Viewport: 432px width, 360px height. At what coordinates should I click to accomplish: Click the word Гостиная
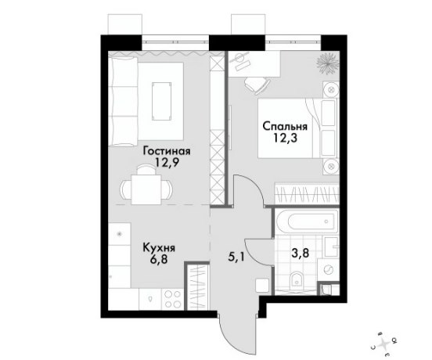167,151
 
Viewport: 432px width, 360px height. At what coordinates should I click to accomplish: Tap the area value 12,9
167,163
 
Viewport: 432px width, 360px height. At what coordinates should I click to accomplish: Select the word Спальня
285,127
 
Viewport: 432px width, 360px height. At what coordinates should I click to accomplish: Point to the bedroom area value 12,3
285,138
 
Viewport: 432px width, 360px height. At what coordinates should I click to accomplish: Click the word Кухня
159,247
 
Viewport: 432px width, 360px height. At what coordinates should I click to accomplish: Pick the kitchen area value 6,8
159,260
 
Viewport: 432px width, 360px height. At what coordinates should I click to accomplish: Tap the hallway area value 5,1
236,257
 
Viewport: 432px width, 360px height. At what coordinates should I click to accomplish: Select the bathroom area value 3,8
300,253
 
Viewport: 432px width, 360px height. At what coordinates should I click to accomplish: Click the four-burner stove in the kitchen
171,299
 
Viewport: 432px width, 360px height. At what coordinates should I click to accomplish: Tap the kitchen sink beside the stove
150,299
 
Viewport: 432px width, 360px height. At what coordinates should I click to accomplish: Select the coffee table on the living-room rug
161,102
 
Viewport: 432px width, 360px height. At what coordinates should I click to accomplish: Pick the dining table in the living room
146,189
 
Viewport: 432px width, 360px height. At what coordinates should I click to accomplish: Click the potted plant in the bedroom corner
328,63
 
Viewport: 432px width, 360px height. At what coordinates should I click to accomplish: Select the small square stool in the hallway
262,286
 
